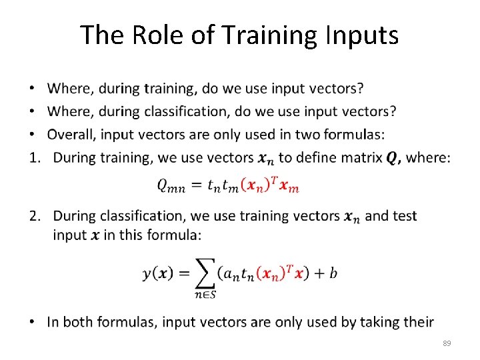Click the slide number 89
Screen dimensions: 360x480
[447, 343]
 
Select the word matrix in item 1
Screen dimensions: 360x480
[361, 158]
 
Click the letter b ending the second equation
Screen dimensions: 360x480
[333, 273]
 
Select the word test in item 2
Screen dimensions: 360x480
[405, 216]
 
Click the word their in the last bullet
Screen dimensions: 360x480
[417, 322]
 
